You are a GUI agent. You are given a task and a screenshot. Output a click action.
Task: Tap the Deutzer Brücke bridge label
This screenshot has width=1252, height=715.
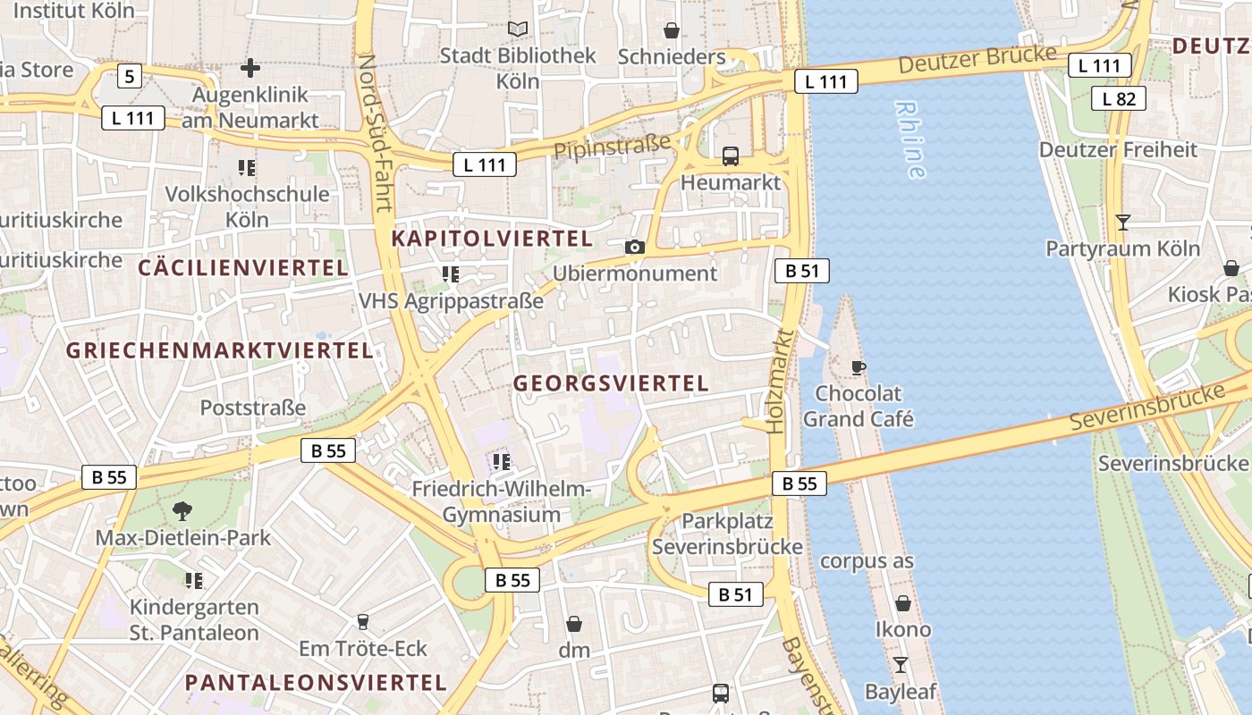[x=977, y=60]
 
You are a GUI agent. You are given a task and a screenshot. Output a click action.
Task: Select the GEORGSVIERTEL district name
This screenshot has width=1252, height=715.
[x=611, y=383]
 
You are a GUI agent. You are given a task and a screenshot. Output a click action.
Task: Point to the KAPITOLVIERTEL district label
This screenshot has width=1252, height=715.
[x=492, y=239]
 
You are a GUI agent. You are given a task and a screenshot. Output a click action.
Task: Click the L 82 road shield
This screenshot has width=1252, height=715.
[x=1119, y=98]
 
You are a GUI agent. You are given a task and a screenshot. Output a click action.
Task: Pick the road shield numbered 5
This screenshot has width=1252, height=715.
[x=130, y=77]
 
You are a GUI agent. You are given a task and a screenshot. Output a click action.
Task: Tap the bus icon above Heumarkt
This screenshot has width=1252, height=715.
[x=731, y=156]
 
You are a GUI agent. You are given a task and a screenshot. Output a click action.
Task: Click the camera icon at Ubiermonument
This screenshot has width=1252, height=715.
[x=635, y=247]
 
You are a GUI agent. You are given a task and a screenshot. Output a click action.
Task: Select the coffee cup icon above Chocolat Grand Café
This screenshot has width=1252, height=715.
[x=859, y=367]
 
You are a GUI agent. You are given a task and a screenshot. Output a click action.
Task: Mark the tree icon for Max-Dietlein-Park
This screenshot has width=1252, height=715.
[x=182, y=511]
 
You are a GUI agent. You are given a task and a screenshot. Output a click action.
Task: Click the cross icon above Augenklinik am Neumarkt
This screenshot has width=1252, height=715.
[x=250, y=67]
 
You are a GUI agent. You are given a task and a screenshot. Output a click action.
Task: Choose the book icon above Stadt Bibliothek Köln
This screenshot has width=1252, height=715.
[x=518, y=29]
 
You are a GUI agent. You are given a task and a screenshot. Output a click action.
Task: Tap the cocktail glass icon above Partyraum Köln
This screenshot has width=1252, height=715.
[x=1123, y=222]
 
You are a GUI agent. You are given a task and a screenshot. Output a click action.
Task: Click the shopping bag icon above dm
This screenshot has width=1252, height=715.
[x=574, y=623]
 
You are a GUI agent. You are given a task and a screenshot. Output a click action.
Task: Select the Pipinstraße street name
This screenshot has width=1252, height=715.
[x=613, y=147]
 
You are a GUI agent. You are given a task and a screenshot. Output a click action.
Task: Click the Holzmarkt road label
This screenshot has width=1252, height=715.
[x=780, y=381]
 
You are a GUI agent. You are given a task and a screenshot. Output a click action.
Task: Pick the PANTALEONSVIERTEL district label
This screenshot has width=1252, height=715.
[x=316, y=683]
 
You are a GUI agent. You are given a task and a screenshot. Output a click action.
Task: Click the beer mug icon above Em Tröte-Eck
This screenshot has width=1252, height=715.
[x=363, y=621]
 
